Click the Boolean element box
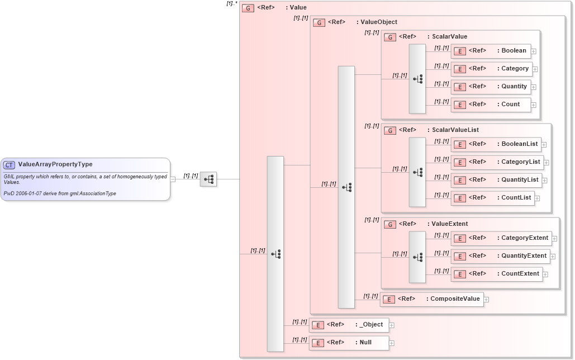(x=490, y=51)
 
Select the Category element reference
(x=490, y=69)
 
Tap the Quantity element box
(x=490, y=87)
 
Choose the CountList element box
(x=492, y=198)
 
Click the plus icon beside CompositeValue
(x=486, y=300)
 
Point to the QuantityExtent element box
(x=500, y=256)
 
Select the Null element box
(x=349, y=343)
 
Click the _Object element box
(x=349, y=325)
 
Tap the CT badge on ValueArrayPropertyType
(x=9, y=165)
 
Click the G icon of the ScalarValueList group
(x=391, y=130)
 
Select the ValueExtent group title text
(x=450, y=224)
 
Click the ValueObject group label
(x=379, y=22)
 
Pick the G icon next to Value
(x=248, y=8)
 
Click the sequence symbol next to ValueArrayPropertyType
(x=208, y=179)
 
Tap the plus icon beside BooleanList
(x=544, y=145)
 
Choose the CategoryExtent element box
(x=501, y=238)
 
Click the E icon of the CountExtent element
(x=459, y=274)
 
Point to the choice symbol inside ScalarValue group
(x=417, y=79)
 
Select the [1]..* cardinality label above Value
(x=232, y=3)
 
